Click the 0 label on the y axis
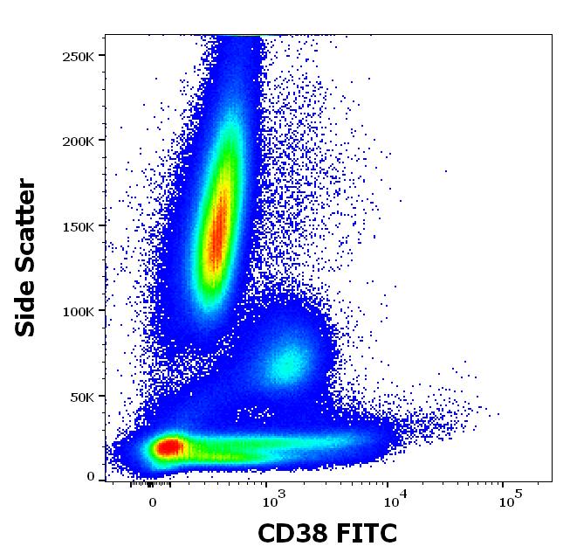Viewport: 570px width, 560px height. [x=91, y=477]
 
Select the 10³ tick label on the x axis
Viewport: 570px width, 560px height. [x=274, y=501]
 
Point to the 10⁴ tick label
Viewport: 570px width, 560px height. [x=395, y=501]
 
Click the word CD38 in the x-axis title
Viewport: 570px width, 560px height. [x=292, y=533]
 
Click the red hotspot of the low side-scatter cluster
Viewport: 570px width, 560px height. [x=168, y=448]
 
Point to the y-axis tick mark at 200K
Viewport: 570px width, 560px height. [x=102, y=141]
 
